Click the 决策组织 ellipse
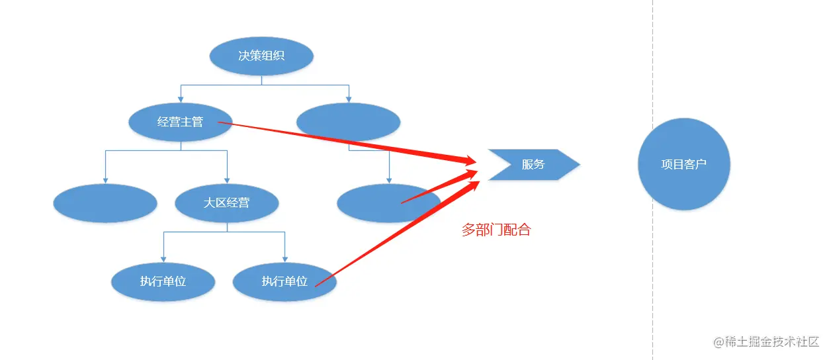261,56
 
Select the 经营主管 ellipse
180,122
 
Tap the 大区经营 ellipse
227,202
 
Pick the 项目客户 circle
684,164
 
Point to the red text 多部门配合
496,230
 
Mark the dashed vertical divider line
653,265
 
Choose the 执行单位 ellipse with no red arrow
163,281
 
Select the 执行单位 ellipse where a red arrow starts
284,281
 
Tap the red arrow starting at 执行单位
397,232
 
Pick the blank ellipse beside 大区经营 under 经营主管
105,202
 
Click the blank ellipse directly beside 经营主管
348,122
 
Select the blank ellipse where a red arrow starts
388,202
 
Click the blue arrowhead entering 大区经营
227,180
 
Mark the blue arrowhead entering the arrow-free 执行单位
163,259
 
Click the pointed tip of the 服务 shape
579,164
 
